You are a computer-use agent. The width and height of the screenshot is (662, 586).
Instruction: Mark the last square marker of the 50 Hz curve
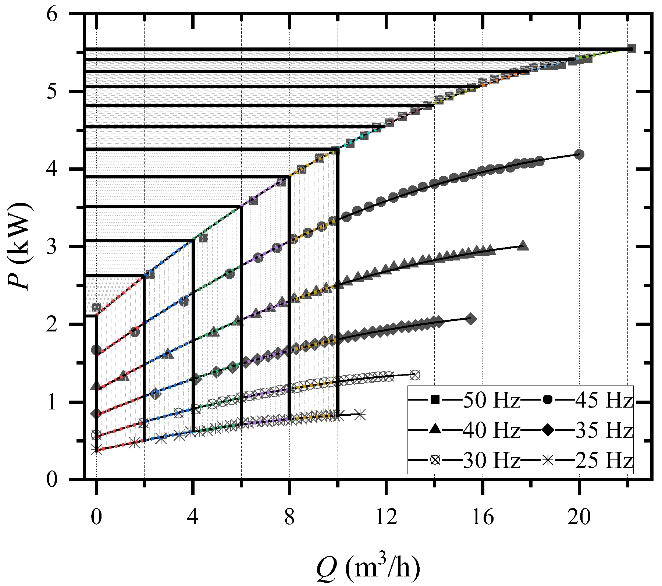click(631, 49)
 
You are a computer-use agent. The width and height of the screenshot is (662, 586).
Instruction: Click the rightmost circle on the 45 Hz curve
click(579, 155)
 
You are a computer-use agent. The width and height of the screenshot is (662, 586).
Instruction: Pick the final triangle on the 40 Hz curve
click(523, 246)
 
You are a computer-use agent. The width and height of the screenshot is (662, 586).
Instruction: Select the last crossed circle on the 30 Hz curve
click(415, 375)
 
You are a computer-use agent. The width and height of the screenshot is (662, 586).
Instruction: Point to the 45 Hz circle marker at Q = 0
click(96, 350)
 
